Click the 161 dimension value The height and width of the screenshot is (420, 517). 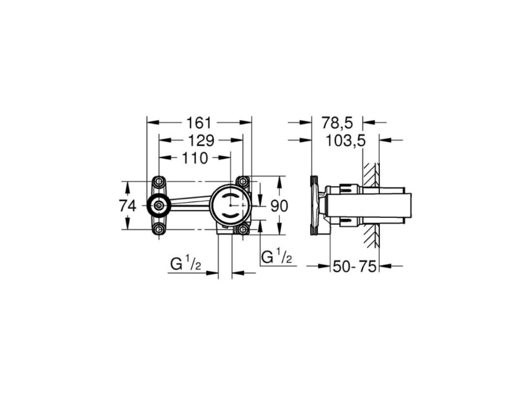[198, 123]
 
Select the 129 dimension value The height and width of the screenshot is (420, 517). [201, 141]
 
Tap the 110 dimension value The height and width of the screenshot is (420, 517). [195, 158]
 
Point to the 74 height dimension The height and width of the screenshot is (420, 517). [127, 206]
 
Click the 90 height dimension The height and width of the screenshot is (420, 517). [279, 206]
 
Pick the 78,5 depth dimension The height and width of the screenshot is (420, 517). [337, 123]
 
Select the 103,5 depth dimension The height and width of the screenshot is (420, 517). [346, 141]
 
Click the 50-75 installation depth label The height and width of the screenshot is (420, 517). [354, 266]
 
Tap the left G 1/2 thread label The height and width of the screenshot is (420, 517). [185, 264]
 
